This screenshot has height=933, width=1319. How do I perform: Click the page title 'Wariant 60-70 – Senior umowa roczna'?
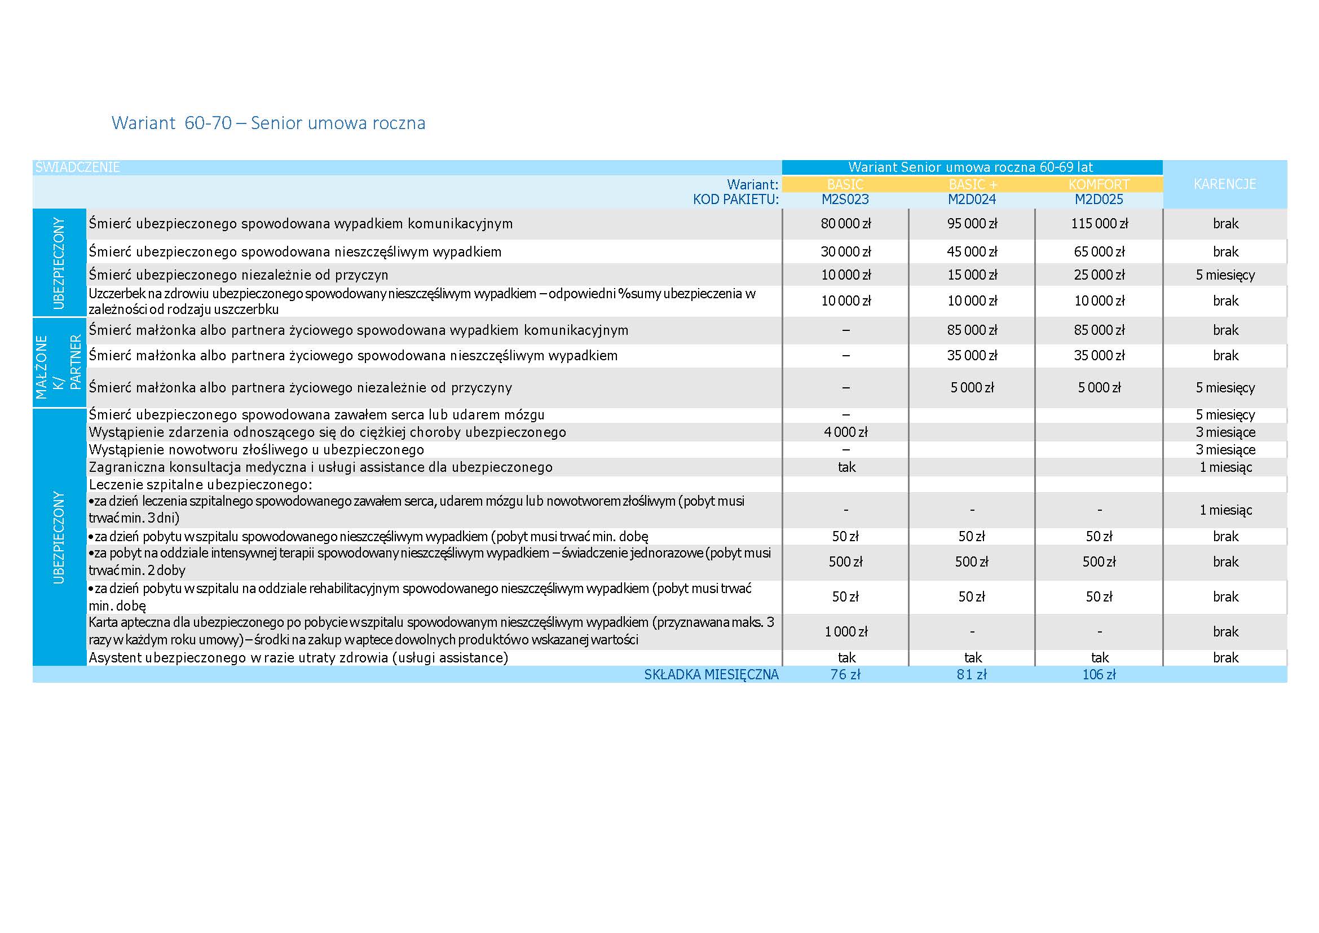268,123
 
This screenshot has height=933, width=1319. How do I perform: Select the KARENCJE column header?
1224,184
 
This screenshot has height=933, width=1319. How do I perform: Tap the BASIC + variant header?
972,184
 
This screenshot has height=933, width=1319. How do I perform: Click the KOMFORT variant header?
1099,184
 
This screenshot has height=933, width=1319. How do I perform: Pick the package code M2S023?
845,200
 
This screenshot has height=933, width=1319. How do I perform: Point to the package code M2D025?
1099,200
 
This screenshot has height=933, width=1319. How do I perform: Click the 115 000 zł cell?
1099,223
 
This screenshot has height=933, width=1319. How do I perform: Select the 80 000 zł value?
845,223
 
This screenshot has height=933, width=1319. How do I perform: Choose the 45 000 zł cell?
972,251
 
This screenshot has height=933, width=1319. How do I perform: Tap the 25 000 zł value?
1099,275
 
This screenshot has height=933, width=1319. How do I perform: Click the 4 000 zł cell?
845,432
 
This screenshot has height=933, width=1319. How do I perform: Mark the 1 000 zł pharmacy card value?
845,632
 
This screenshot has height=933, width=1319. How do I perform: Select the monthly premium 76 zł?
845,674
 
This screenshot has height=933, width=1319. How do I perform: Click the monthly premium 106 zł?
1099,674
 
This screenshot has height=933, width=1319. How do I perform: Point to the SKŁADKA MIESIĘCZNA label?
711,674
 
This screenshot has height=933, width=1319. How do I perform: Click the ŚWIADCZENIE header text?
78,167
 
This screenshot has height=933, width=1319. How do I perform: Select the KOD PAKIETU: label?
736,200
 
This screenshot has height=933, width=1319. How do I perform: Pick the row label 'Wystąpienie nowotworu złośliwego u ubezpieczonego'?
257,450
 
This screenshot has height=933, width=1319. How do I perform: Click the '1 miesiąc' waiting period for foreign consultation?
1225,467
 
